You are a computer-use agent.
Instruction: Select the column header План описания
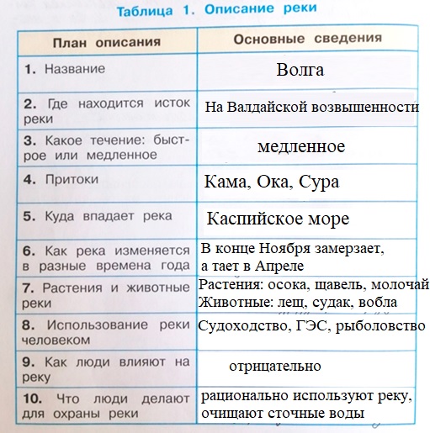(105, 40)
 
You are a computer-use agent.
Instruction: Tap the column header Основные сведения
(307, 39)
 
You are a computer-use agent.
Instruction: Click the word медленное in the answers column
(301, 146)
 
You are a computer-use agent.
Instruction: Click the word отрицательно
(274, 367)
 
